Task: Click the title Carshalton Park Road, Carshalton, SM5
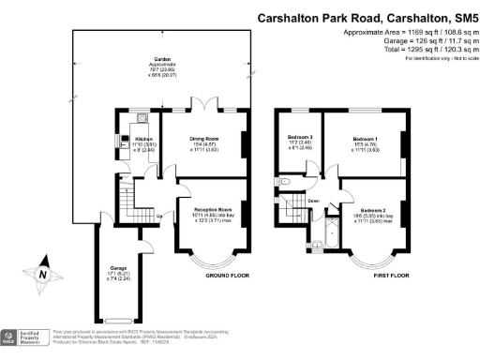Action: click(367, 18)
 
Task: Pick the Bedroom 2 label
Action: click(372, 215)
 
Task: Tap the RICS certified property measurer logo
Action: click(23, 337)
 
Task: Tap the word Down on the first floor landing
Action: click(313, 201)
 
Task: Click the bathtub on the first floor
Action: click(329, 234)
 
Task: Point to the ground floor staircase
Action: click(127, 198)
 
